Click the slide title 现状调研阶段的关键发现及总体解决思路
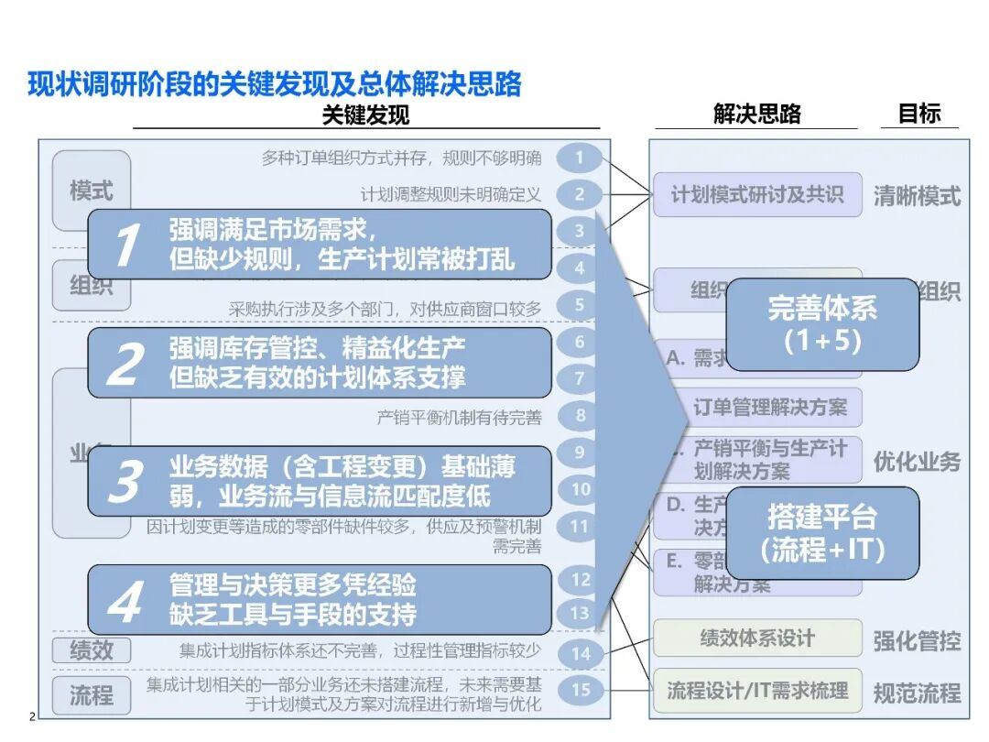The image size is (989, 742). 275,84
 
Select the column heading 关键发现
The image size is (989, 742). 365,115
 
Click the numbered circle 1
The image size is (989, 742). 579,158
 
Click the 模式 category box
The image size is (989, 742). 92,191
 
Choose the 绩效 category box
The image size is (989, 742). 92,650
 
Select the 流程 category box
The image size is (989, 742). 92,693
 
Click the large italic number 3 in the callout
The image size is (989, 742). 125,482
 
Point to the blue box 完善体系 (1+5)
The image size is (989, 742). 822,324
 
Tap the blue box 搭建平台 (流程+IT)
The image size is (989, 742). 822,533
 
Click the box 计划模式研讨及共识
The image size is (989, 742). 756,194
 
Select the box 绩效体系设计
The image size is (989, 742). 756,638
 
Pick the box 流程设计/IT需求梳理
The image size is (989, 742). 756,691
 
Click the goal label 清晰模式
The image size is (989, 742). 917,196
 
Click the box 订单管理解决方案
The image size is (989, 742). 769,407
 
